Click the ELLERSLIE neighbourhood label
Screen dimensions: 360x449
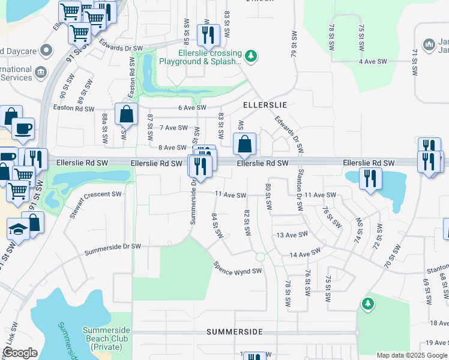point(265,104)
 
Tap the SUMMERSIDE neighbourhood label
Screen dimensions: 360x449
point(234,331)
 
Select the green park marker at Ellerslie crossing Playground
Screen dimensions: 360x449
point(252,56)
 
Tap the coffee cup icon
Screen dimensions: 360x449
point(23,128)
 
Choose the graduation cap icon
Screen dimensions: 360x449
point(18,229)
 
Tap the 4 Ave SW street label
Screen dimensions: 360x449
point(372,62)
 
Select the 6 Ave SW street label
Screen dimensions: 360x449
point(192,107)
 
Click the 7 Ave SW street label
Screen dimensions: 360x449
point(174,128)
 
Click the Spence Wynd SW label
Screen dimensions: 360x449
point(238,268)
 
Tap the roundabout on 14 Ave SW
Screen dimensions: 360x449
point(260,257)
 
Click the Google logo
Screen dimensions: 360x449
point(20,353)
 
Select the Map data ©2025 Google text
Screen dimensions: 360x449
point(411,355)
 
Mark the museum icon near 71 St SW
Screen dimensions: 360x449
point(429,44)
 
